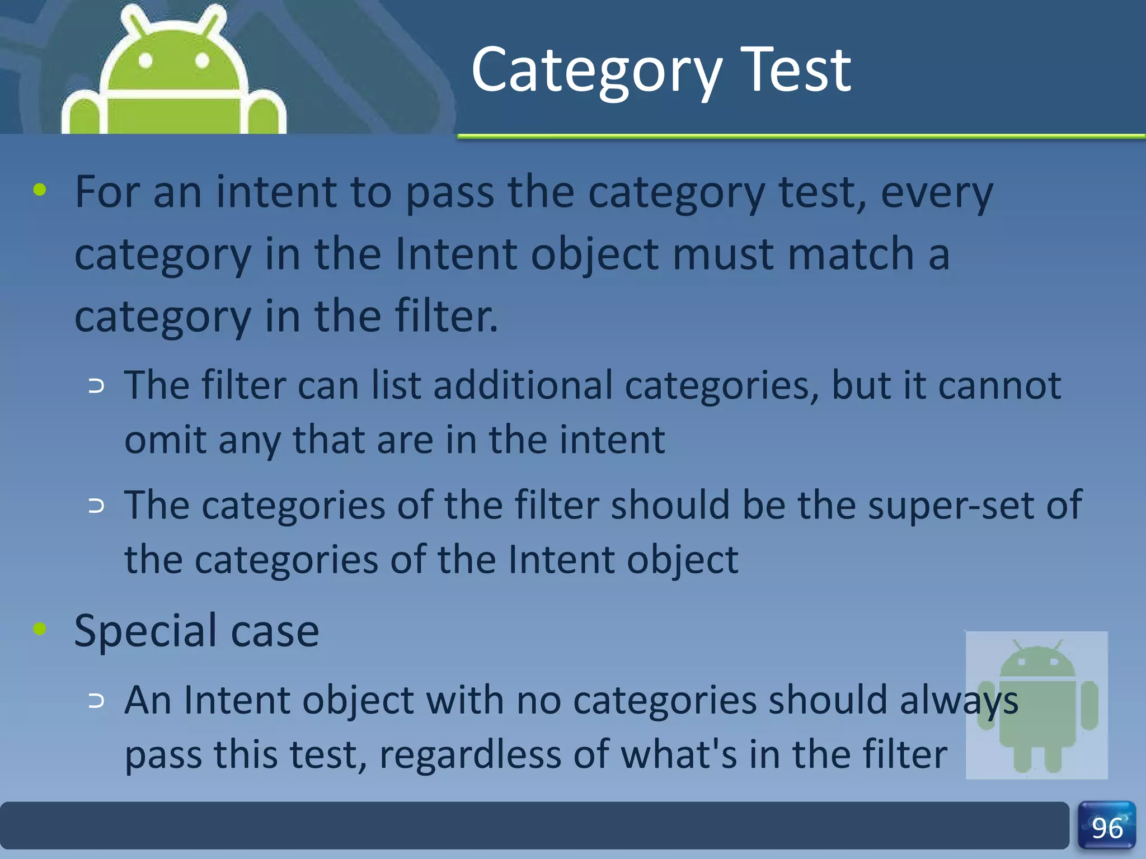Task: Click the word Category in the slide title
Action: [x=597, y=72]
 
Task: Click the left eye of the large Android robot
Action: [x=145, y=60]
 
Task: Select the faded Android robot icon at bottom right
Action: [x=1037, y=705]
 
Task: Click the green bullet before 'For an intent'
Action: [x=40, y=190]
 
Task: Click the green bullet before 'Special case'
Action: [x=40, y=629]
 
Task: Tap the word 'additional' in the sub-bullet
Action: [x=523, y=386]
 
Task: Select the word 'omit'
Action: [x=165, y=440]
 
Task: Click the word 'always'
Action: [x=959, y=701]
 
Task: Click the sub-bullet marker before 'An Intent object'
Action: [x=96, y=701]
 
